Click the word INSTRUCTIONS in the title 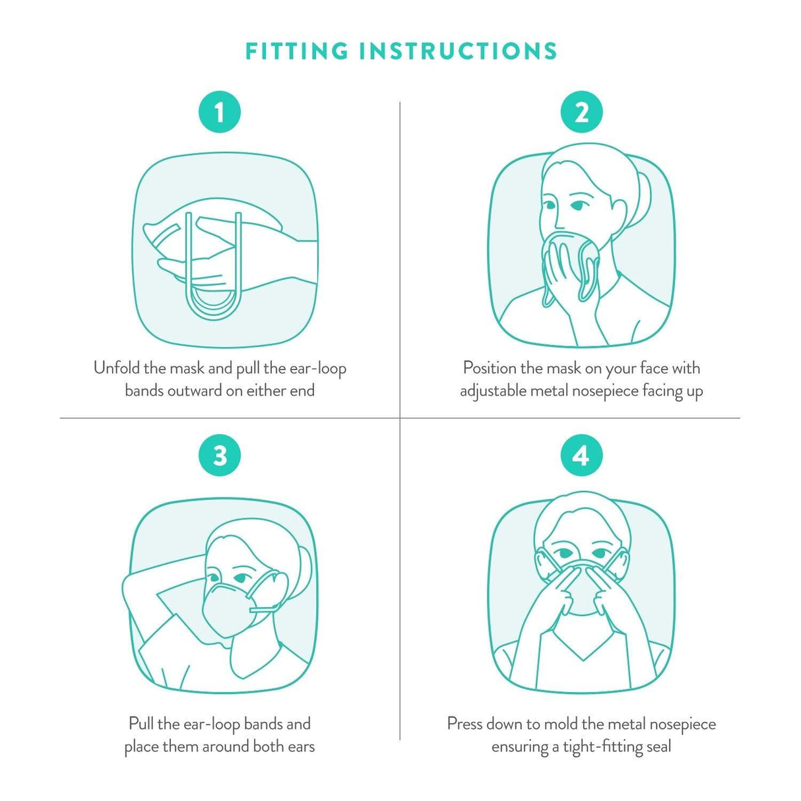point(459,51)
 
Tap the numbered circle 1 point(220,112)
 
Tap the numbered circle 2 point(581,112)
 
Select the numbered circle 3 point(220,455)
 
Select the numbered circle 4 point(581,455)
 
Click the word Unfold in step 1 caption point(117,368)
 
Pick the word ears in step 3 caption point(301,747)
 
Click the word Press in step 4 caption point(465,724)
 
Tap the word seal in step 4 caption point(658,747)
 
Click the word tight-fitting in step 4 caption point(603,747)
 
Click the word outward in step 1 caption point(195,391)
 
